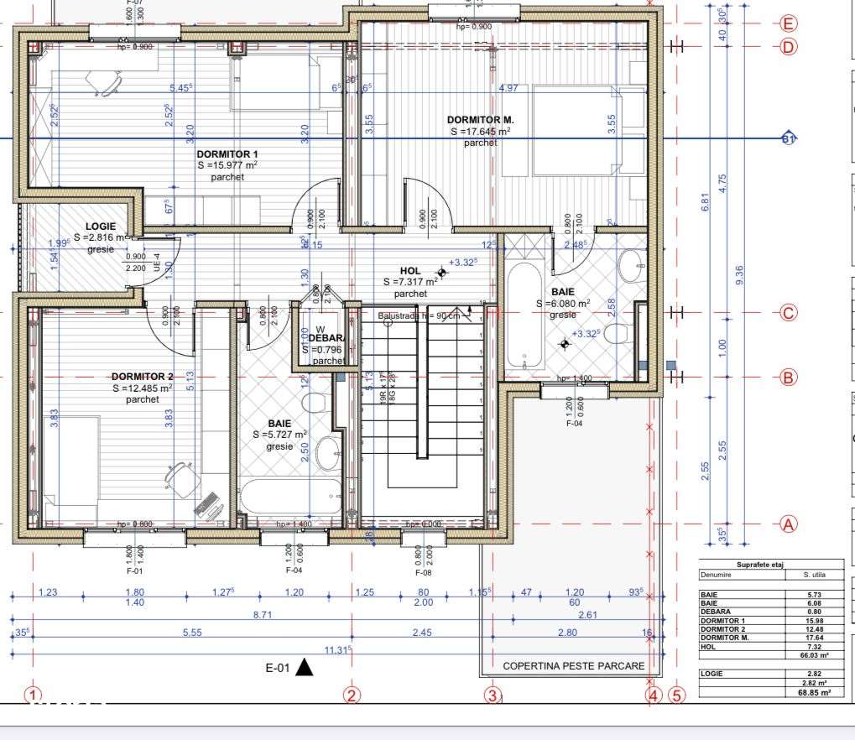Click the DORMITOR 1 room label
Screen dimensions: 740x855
[227, 154]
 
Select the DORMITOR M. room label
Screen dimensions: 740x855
[480, 120]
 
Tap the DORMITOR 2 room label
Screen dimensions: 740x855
[142, 377]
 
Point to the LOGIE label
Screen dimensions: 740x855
[101, 227]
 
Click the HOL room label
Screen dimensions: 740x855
[410, 271]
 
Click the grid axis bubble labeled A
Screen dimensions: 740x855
[788, 524]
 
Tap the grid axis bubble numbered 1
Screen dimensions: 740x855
[33, 695]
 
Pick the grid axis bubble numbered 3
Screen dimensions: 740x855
[493, 695]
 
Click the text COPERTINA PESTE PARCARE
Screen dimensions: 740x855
[574, 666]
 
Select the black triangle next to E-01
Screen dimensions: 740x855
[304, 668]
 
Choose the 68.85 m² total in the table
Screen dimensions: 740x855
[814, 693]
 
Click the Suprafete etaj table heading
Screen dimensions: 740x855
[760, 565]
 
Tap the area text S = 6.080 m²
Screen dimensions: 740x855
[563, 304]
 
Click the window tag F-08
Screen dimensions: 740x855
[424, 571]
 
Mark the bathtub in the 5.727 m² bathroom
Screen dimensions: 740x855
[289, 497]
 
